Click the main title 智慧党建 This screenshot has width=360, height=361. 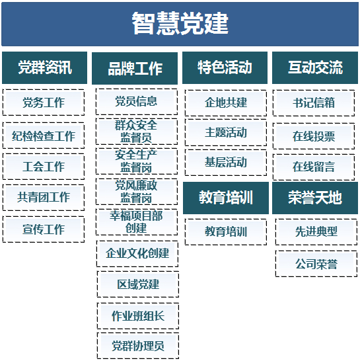tap(180, 24)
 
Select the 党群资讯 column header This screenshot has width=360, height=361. tap(44, 67)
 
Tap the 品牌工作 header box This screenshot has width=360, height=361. tap(135, 68)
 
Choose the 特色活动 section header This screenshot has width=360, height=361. tap(225, 67)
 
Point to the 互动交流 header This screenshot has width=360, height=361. tap(315, 67)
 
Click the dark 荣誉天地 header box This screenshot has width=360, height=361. tap(315, 198)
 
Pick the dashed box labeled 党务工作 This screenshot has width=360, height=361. tap(44, 102)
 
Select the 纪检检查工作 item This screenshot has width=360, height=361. tap(44, 136)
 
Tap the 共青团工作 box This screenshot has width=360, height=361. tap(44, 198)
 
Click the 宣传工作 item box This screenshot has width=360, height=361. tap(44, 229)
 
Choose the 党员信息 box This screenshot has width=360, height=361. tap(137, 102)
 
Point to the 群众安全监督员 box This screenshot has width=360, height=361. tap(137, 132)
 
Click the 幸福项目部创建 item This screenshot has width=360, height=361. tap(137, 222)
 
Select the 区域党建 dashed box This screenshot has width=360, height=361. tap(138, 284)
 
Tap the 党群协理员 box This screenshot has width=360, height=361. tap(138, 346)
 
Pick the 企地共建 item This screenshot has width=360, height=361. tap(226, 103)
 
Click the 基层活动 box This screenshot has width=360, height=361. tap(226, 162)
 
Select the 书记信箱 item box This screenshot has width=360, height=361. tap(314, 103)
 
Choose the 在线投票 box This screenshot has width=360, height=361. tap(314, 136)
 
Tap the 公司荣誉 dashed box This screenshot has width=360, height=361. tap(316, 264)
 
